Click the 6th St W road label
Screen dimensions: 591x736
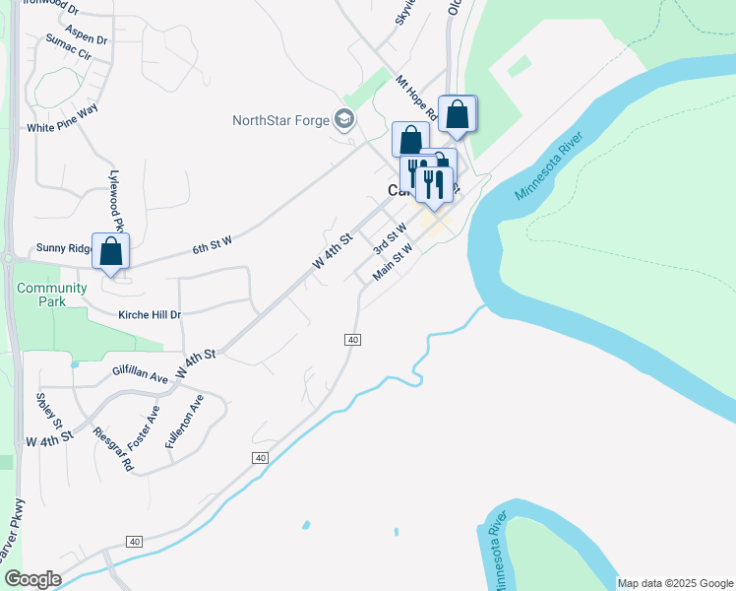click(212, 246)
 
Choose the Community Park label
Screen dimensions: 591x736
click(41, 295)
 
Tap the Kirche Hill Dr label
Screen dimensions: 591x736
click(150, 314)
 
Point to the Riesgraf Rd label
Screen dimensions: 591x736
click(112, 448)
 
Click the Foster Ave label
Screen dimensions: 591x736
click(144, 427)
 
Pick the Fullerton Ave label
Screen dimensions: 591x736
click(184, 422)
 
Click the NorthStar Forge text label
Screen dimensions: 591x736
click(280, 121)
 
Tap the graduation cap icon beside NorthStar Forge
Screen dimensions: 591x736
click(343, 120)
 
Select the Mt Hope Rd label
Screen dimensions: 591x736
click(416, 98)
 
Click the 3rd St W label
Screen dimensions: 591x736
click(390, 239)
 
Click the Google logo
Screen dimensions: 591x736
click(32, 579)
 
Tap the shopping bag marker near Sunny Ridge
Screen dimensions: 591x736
click(111, 252)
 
